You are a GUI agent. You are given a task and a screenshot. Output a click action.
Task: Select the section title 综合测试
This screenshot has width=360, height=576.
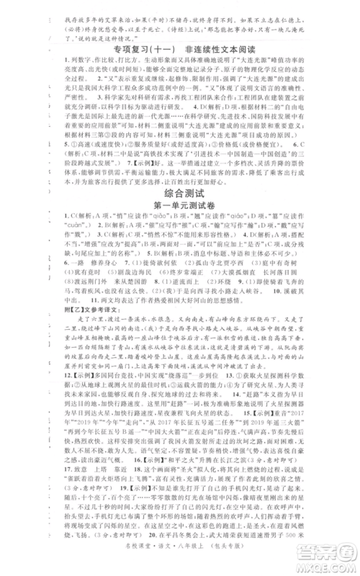click(x=181, y=194)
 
